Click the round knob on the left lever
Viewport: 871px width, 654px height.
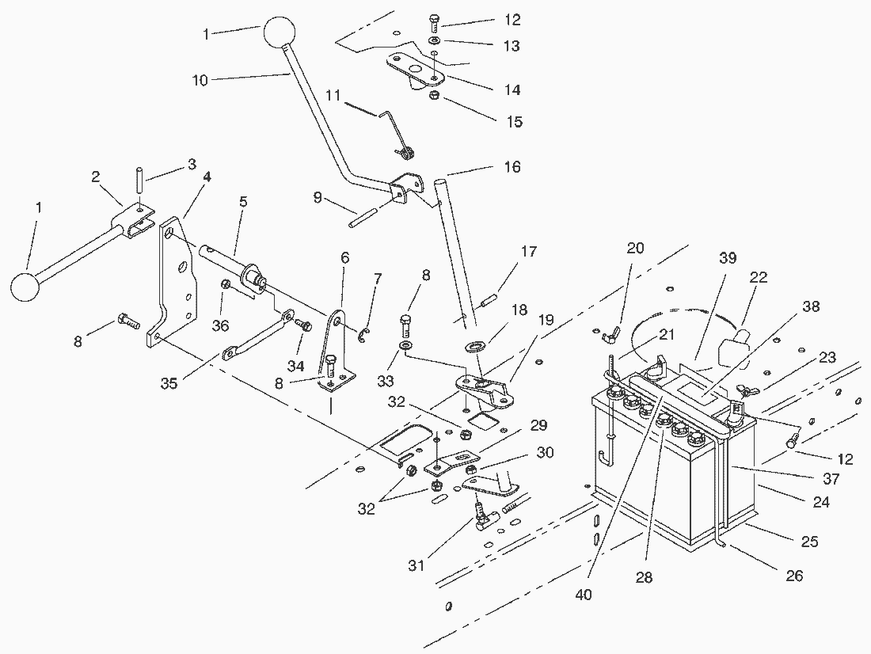tap(26, 287)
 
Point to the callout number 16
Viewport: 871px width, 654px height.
tap(512, 167)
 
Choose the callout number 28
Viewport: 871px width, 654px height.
tap(644, 578)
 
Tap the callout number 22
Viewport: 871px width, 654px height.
tap(759, 277)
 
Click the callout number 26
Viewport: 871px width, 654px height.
tap(793, 576)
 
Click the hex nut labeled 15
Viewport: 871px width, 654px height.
tap(435, 97)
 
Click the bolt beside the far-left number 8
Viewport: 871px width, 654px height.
tap(128, 321)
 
